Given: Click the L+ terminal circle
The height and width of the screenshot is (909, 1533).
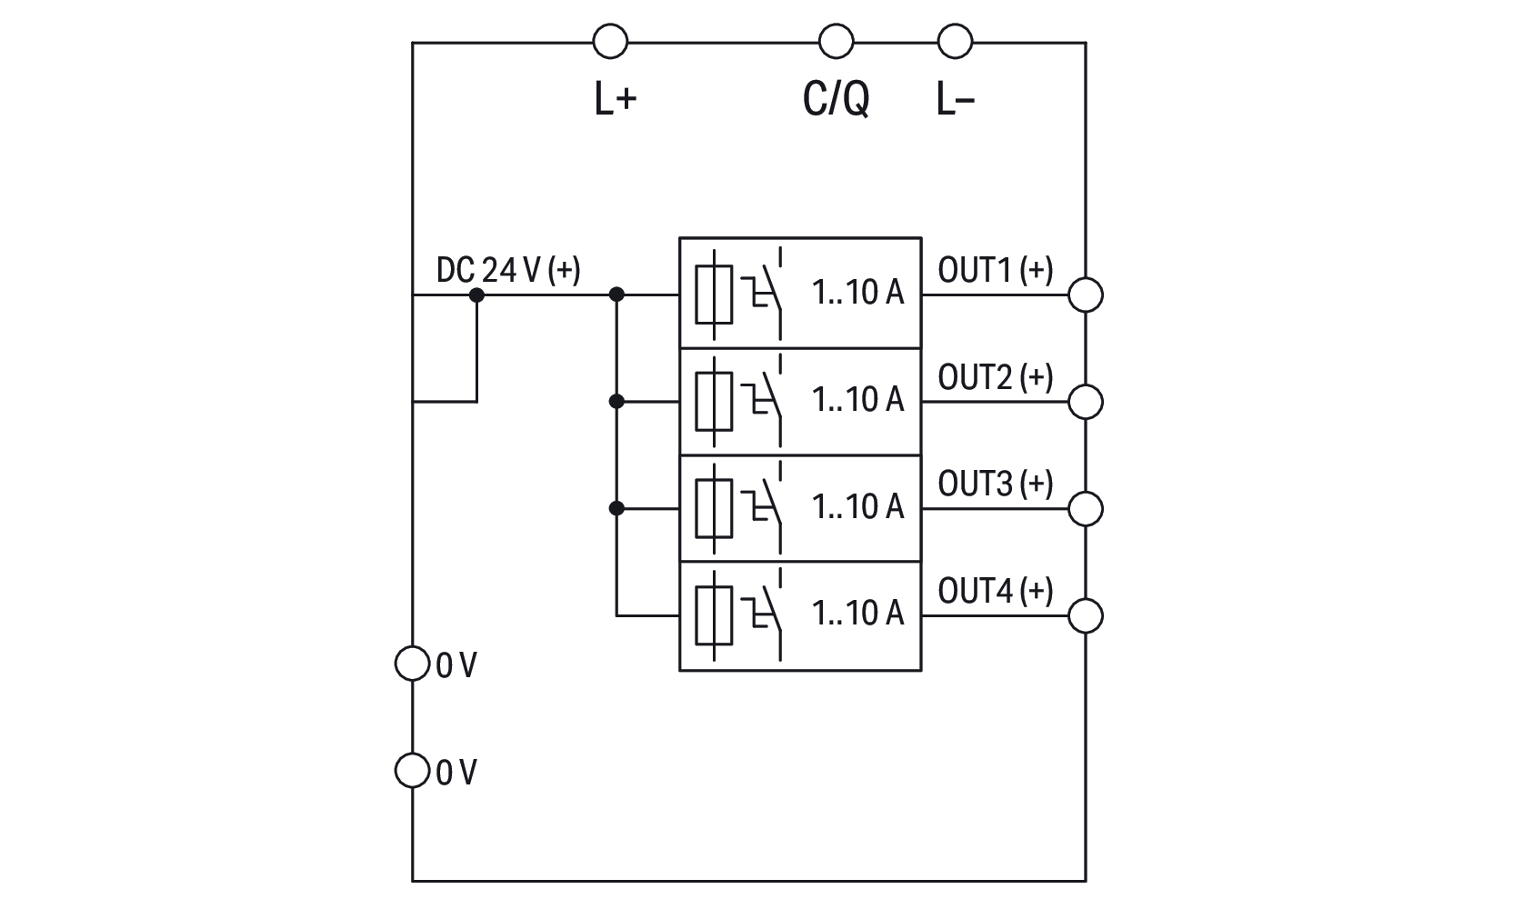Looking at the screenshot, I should pyautogui.click(x=610, y=42).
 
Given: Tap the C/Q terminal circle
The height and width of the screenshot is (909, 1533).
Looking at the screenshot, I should pyautogui.click(x=836, y=42).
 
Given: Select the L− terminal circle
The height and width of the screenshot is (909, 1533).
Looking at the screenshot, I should pyautogui.click(x=954, y=42).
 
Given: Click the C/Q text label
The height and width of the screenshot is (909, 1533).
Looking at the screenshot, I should pyautogui.click(x=836, y=97).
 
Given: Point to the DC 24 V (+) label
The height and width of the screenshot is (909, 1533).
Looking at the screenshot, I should pyautogui.click(x=508, y=270).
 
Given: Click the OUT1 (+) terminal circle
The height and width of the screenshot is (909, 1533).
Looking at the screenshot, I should pyautogui.click(x=1085, y=295).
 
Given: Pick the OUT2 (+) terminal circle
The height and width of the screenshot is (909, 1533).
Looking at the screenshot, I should pyautogui.click(x=1085, y=402).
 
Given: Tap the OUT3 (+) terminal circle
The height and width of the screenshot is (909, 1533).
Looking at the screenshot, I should pyautogui.click(x=1085, y=509).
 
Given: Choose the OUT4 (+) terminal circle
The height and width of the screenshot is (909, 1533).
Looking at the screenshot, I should pyautogui.click(x=1085, y=616).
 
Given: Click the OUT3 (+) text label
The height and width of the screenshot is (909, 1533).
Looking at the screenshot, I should pyautogui.click(x=995, y=484).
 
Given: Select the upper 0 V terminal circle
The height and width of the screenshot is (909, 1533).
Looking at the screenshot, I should pyautogui.click(x=412, y=664).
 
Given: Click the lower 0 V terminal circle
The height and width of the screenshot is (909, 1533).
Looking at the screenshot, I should pyautogui.click(x=412, y=771).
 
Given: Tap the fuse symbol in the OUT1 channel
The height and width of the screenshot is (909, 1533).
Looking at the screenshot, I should pyautogui.click(x=714, y=295).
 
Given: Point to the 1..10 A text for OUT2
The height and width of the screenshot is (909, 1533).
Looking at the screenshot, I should pyautogui.click(x=857, y=399).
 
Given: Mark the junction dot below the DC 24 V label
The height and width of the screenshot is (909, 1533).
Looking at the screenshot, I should pyautogui.click(x=476, y=295).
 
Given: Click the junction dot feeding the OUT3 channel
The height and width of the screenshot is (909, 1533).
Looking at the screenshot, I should pyautogui.click(x=616, y=509).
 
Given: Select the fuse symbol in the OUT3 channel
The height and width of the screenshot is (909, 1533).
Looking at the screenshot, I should pyautogui.click(x=714, y=509).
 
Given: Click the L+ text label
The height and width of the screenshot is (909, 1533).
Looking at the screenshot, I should pyautogui.click(x=615, y=98).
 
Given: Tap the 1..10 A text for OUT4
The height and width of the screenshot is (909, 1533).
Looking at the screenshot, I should pyautogui.click(x=857, y=614).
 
